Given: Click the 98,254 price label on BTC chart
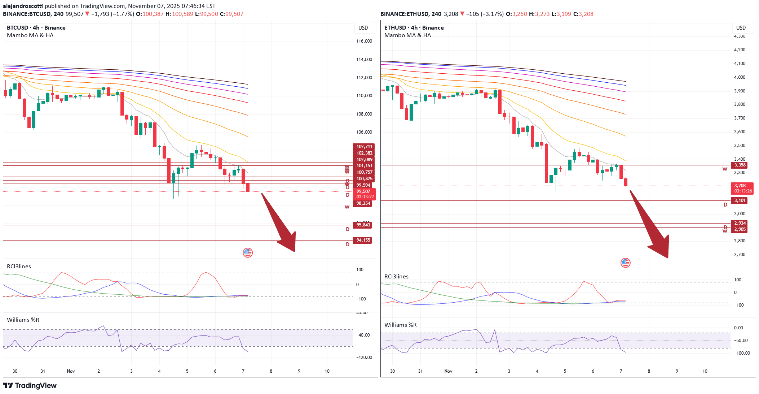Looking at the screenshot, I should pos(363,203).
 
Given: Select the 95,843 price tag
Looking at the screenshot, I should pos(363,225).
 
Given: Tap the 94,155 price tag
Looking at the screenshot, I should pos(363,240).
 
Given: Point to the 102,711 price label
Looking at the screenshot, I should pos(364,147).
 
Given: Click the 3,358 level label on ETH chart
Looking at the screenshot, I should pos(740,165).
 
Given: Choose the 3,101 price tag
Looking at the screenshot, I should pos(740,200).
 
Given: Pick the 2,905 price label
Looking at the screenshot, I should pos(740,229).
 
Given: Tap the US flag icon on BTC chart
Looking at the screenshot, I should pos(248,253).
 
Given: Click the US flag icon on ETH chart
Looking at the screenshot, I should pos(625,263).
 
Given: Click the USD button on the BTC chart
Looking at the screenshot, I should pos(363,28).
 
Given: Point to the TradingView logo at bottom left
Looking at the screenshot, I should pos(30,385).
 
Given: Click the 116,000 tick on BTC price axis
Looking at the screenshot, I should pos(364,41).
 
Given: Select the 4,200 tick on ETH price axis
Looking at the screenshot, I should pos(740,50).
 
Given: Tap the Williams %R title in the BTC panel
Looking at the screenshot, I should pos(23,320).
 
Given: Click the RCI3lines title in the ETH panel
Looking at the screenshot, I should pos(396,277).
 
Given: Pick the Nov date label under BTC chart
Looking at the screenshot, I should pos(71,371).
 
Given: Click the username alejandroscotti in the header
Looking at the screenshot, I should pos(23,6).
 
